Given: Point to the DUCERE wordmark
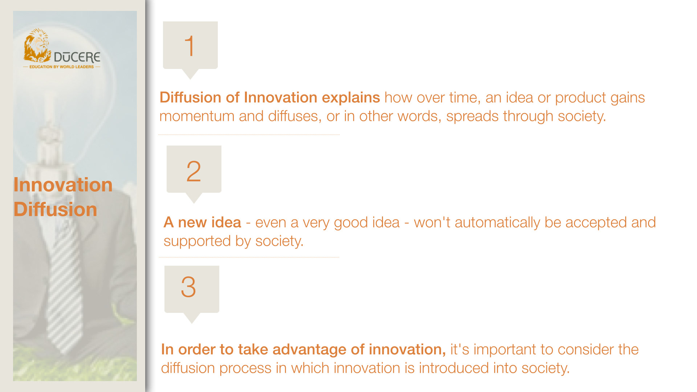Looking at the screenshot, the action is click(x=77, y=57).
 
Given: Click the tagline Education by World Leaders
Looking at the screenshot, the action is click(x=61, y=67).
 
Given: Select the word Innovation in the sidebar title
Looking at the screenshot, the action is click(x=63, y=185).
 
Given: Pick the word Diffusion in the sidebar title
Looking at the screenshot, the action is click(x=55, y=210).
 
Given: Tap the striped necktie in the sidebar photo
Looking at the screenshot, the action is click(x=65, y=283).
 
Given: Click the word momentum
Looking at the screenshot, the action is click(x=197, y=117).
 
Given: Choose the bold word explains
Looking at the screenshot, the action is click(x=351, y=98).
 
